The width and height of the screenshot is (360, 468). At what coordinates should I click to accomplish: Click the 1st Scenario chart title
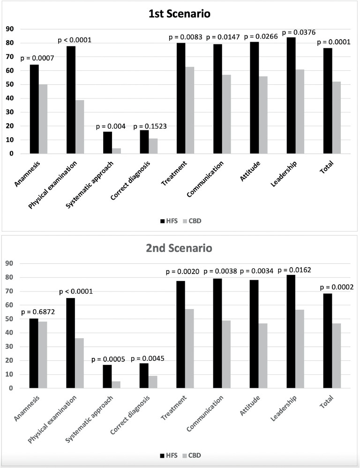pyautogui.click(x=180, y=14)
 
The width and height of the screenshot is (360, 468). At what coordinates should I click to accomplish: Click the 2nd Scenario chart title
pyautogui.click(x=179, y=248)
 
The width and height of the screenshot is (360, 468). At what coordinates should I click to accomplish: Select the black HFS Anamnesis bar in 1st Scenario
pyautogui.click(x=34, y=109)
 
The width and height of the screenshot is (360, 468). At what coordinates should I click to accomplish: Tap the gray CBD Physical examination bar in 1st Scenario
pyautogui.click(x=80, y=127)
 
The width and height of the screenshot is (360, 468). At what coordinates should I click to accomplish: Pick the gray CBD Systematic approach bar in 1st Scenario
pyautogui.click(x=117, y=151)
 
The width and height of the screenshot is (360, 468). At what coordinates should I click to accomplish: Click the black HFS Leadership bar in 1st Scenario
pyautogui.click(x=291, y=96)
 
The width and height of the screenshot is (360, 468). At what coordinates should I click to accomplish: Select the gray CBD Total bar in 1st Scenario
pyautogui.click(x=337, y=118)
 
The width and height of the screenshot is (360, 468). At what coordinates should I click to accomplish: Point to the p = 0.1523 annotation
pyautogui.click(x=150, y=126)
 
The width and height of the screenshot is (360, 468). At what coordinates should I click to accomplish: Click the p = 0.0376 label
pyautogui.click(x=299, y=32)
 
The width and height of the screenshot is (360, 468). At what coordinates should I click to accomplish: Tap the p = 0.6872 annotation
pyautogui.click(x=38, y=312)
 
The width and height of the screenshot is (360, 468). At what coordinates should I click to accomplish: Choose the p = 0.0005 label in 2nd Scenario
pyautogui.click(x=108, y=359)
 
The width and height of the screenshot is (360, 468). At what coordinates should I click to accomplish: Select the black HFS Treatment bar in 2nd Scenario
pyautogui.click(x=181, y=334)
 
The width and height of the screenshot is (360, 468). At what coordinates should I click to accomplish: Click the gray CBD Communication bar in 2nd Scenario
pyautogui.click(x=226, y=354)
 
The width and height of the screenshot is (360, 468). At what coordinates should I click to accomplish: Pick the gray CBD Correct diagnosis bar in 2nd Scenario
pyautogui.click(x=153, y=382)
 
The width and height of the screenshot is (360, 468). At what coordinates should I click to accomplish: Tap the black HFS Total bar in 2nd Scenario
pyautogui.click(x=328, y=341)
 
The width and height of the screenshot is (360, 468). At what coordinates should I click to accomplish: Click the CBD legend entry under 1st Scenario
pyautogui.click(x=192, y=221)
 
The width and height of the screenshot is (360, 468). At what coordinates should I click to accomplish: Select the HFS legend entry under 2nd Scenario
pyautogui.click(x=169, y=455)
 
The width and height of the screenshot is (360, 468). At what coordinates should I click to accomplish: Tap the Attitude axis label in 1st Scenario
pyautogui.click(x=250, y=171)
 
